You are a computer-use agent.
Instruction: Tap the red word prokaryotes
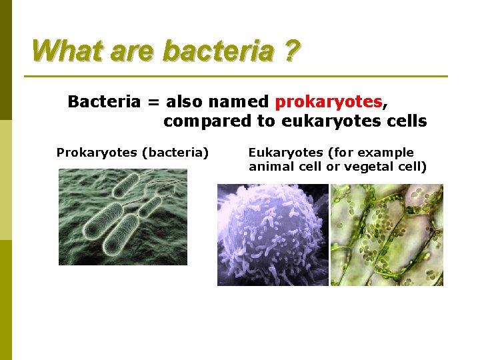click(x=329, y=102)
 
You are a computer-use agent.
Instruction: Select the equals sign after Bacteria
click(x=153, y=103)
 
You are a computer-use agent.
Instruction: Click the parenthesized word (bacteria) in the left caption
click(x=175, y=153)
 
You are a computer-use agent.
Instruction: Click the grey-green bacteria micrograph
click(x=123, y=217)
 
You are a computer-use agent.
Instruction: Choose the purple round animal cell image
click(x=273, y=235)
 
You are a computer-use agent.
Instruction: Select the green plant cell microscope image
click(x=387, y=235)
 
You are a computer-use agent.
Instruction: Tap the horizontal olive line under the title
click(x=240, y=76)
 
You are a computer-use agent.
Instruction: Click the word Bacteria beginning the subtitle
click(x=104, y=102)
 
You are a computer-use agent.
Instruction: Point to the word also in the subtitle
click(x=185, y=102)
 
